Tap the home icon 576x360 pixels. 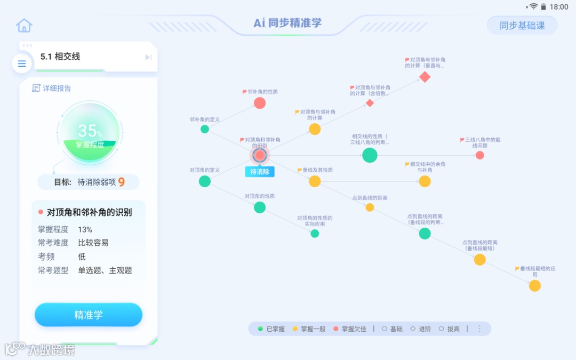pos(24,25)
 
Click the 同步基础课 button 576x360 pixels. pos(522,25)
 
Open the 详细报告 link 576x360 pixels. pos(52,88)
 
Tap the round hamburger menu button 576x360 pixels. pos(22,64)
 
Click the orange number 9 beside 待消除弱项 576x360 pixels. pos(122,182)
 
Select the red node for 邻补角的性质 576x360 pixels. pos(260,103)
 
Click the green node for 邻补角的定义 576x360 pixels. pos(205,129)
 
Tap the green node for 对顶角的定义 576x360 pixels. pos(205,181)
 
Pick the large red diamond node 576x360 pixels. pos(425,77)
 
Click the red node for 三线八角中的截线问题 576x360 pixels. pos(479,155)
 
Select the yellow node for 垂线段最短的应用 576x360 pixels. pos(535,286)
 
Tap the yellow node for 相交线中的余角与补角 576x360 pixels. pos(425,181)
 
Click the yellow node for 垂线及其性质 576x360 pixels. pos(315,181)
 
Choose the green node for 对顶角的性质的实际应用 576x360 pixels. pos(315,233)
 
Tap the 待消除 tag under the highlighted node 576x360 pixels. pos(260,172)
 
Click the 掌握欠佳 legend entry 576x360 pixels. pos(350,329)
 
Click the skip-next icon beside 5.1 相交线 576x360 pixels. pos(148,58)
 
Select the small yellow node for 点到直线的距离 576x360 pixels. pos(370,207)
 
